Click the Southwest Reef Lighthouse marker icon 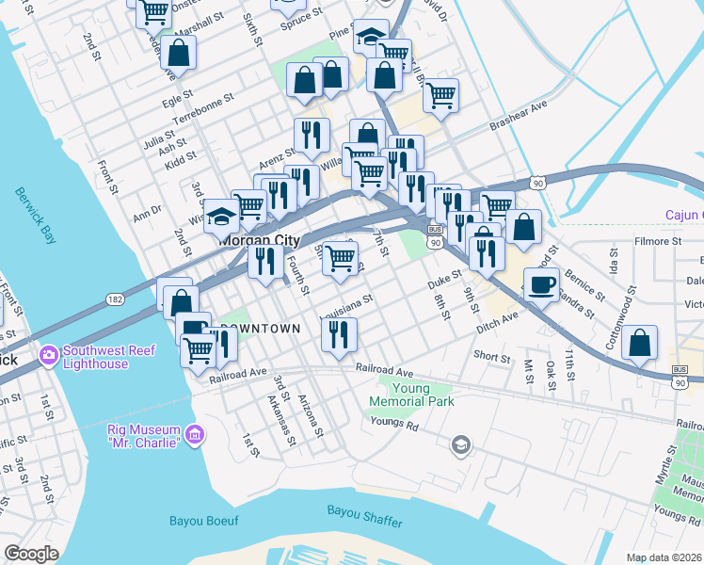[48, 356]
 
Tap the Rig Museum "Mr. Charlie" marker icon [195, 434]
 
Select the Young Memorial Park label [411, 395]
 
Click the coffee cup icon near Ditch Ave [541, 283]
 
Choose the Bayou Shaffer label [365, 510]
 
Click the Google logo [31, 554]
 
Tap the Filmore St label [657, 241]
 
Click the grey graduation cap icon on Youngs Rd [460, 444]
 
